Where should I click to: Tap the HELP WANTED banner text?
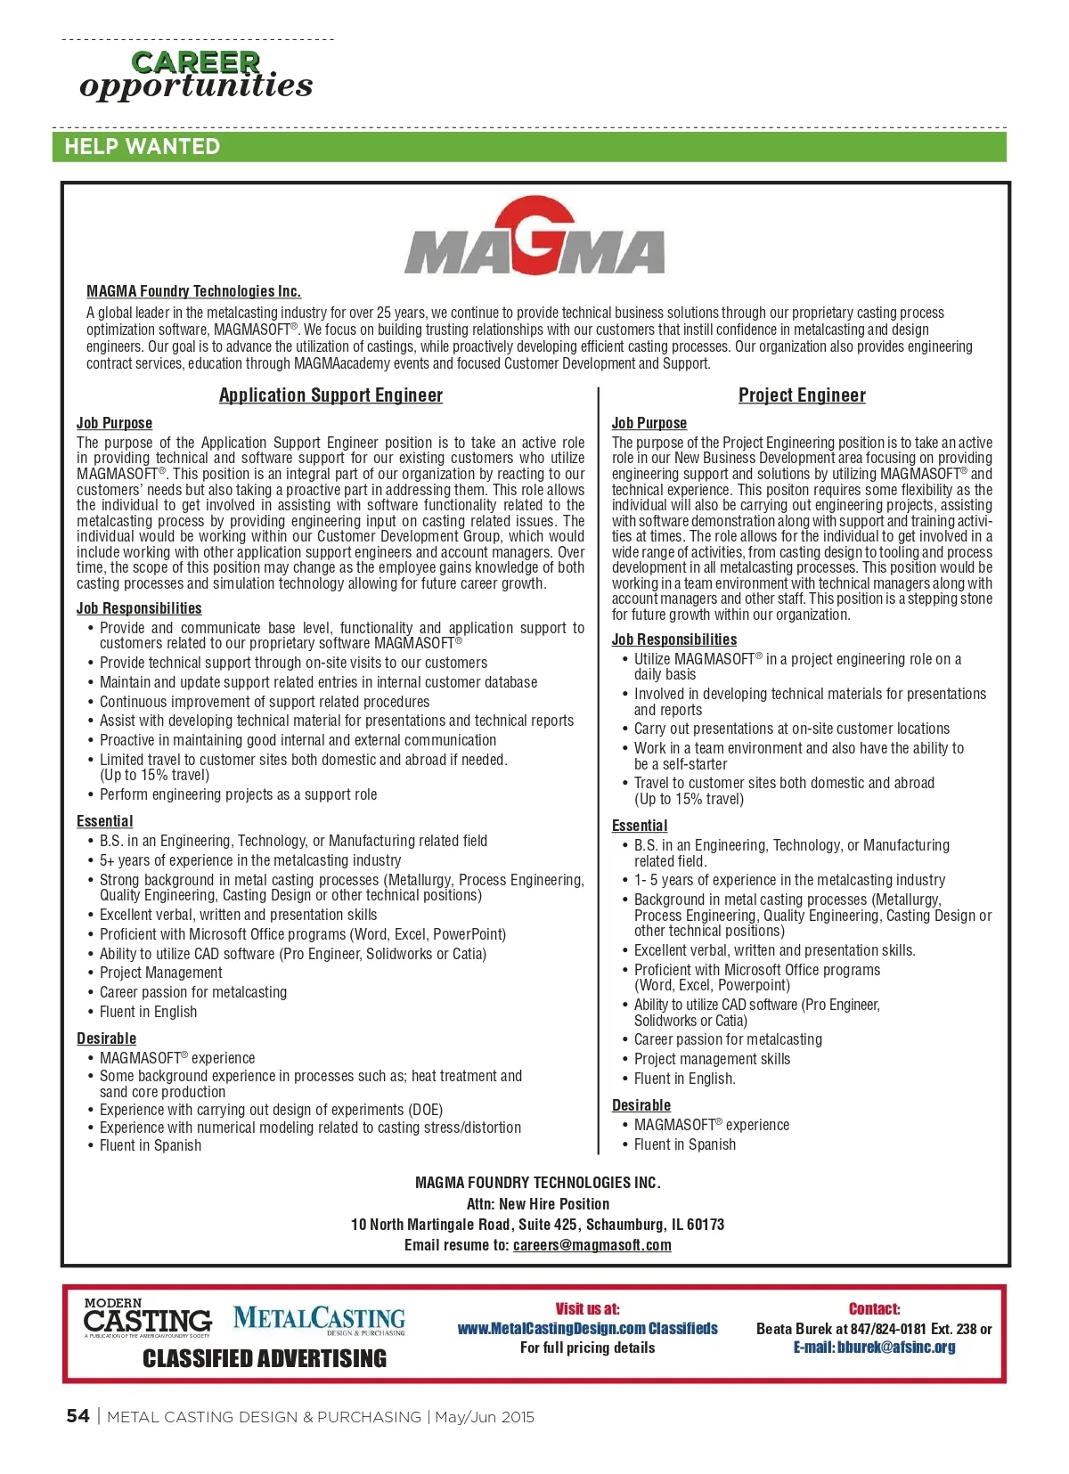click(142, 147)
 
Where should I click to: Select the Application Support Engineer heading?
click(330, 395)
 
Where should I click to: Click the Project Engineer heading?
click(802, 395)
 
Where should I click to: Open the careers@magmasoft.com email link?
click(592, 1245)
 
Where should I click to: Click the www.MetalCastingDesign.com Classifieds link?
click(587, 1328)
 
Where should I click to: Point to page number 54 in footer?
click(78, 1416)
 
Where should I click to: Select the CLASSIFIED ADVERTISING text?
click(265, 1358)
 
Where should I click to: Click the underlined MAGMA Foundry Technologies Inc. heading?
click(193, 291)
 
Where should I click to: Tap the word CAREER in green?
click(195, 62)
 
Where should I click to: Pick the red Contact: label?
click(874, 1308)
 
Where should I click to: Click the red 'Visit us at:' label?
click(587, 1308)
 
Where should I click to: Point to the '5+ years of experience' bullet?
click(250, 860)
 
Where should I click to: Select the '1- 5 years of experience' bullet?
click(789, 880)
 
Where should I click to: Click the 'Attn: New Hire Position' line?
click(537, 1203)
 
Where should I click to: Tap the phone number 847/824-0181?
click(888, 1329)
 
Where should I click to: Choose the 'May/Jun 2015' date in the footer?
click(485, 1417)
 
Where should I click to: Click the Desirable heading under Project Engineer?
click(641, 1105)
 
